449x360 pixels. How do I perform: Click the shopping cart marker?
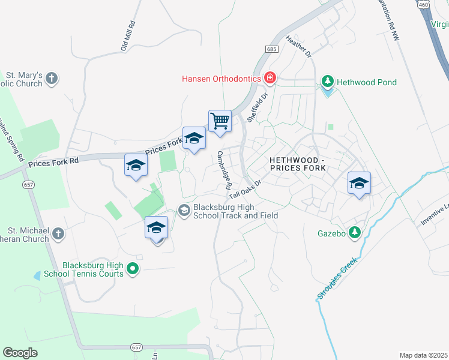click(x=220, y=121)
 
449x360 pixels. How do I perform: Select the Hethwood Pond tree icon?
click(x=327, y=82)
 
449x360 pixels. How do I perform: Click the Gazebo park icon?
click(x=355, y=232)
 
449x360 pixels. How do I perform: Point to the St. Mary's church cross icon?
click(x=52, y=77)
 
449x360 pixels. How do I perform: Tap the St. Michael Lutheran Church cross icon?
click(x=58, y=233)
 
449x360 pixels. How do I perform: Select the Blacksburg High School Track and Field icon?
click(x=184, y=210)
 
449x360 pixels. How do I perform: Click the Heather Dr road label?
click(x=300, y=46)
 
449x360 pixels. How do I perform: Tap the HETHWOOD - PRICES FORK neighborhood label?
click(x=297, y=164)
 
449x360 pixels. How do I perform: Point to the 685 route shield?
click(x=272, y=49)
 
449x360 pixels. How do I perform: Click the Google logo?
click(x=20, y=353)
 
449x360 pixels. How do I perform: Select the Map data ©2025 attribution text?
click(x=423, y=355)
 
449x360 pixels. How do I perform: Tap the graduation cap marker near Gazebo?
click(x=359, y=184)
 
